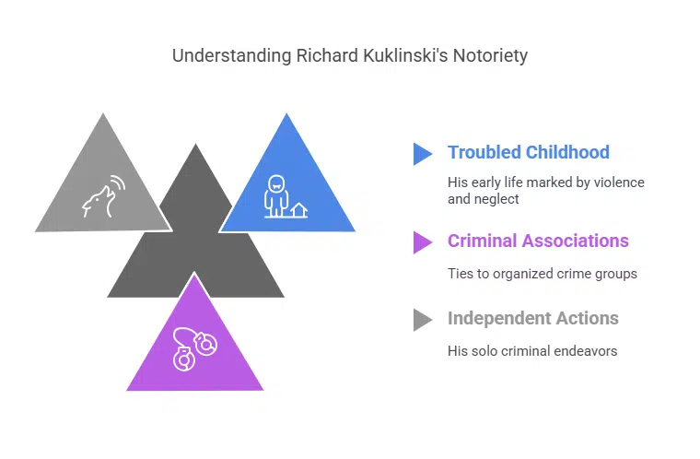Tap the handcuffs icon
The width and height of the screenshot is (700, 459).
coord(194,348)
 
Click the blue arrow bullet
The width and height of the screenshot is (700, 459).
coord(422,153)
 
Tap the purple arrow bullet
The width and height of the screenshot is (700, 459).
coord(422,241)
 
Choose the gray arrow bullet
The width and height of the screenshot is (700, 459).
coord(422,319)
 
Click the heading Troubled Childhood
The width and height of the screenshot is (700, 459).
coord(529,152)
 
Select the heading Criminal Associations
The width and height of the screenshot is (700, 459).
coord(538,241)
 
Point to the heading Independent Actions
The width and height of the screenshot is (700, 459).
coord(532,318)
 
